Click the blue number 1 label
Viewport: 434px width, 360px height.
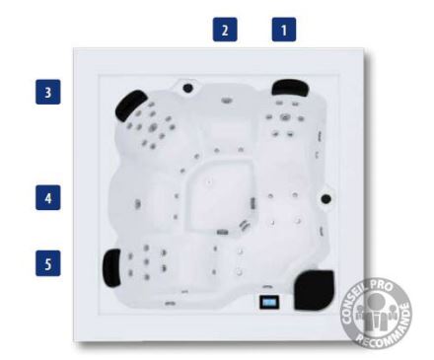[284, 30]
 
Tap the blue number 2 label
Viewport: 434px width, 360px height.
[225, 30]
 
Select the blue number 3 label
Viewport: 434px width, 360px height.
[48, 92]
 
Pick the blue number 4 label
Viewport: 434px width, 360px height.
[48, 197]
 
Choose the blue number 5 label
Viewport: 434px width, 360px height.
[48, 263]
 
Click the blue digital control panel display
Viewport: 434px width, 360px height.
[269, 302]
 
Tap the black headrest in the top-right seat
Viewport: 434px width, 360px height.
[290, 87]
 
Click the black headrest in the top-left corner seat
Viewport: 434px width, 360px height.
[130, 106]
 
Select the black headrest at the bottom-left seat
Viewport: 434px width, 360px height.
[111, 268]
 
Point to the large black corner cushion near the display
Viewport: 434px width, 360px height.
[314, 290]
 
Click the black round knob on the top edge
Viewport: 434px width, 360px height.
[187, 88]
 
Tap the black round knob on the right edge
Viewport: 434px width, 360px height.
[325, 198]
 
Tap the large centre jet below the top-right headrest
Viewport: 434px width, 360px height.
[284, 117]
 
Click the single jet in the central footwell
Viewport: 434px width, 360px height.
[209, 181]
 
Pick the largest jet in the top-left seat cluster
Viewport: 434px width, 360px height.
[153, 127]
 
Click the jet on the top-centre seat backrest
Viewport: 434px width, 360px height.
[227, 101]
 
